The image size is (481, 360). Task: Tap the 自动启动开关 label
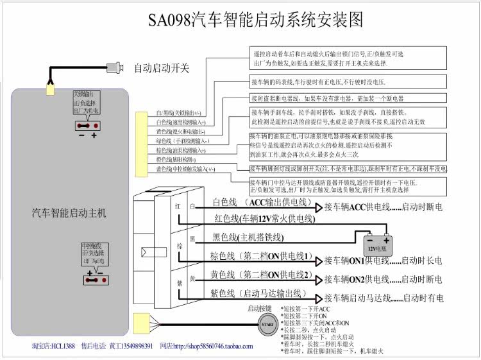161,68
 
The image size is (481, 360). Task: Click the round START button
266,325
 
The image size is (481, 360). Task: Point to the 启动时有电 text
423,298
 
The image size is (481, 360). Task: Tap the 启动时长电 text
423,261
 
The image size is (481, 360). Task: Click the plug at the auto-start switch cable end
115,67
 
